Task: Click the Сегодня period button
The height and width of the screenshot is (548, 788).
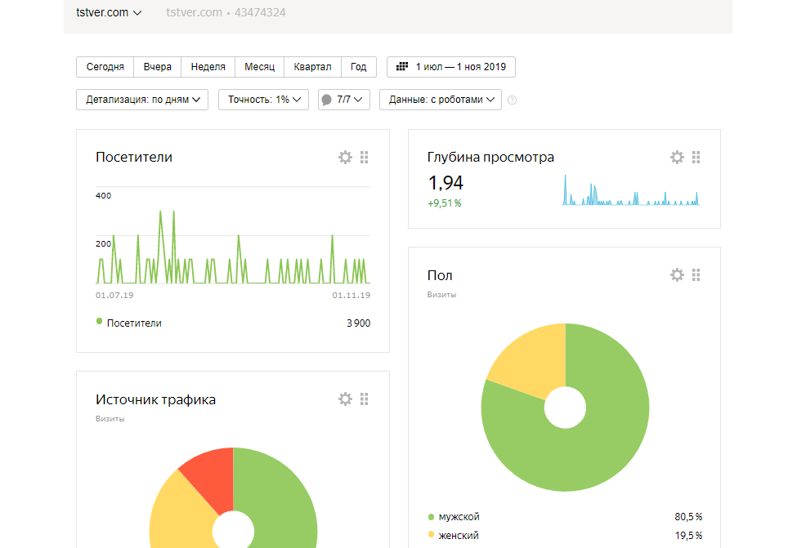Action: click(105, 67)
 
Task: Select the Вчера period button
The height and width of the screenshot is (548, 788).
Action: click(157, 67)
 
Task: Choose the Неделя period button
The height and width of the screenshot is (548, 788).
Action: click(208, 67)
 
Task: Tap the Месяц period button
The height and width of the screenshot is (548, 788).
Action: click(259, 67)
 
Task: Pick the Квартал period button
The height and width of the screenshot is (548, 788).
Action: click(312, 67)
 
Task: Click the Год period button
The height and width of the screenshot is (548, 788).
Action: click(358, 67)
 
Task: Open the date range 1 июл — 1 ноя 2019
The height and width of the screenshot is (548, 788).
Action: click(450, 67)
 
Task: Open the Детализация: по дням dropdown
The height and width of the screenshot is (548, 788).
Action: click(142, 100)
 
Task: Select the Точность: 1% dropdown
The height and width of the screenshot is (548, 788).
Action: click(263, 100)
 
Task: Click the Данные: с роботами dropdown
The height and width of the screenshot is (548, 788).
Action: click(441, 100)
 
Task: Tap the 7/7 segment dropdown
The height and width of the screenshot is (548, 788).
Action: click(344, 100)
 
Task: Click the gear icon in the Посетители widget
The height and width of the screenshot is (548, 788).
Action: click(345, 158)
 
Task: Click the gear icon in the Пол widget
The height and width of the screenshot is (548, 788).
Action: click(677, 274)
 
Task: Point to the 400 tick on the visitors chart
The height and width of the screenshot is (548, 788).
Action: click(104, 195)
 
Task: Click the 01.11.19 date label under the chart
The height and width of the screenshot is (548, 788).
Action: click(351, 296)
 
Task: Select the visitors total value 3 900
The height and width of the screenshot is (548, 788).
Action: click(358, 323)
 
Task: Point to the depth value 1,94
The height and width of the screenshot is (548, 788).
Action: click(445, 183)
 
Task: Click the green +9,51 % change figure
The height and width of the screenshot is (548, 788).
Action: click(444, 203)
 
